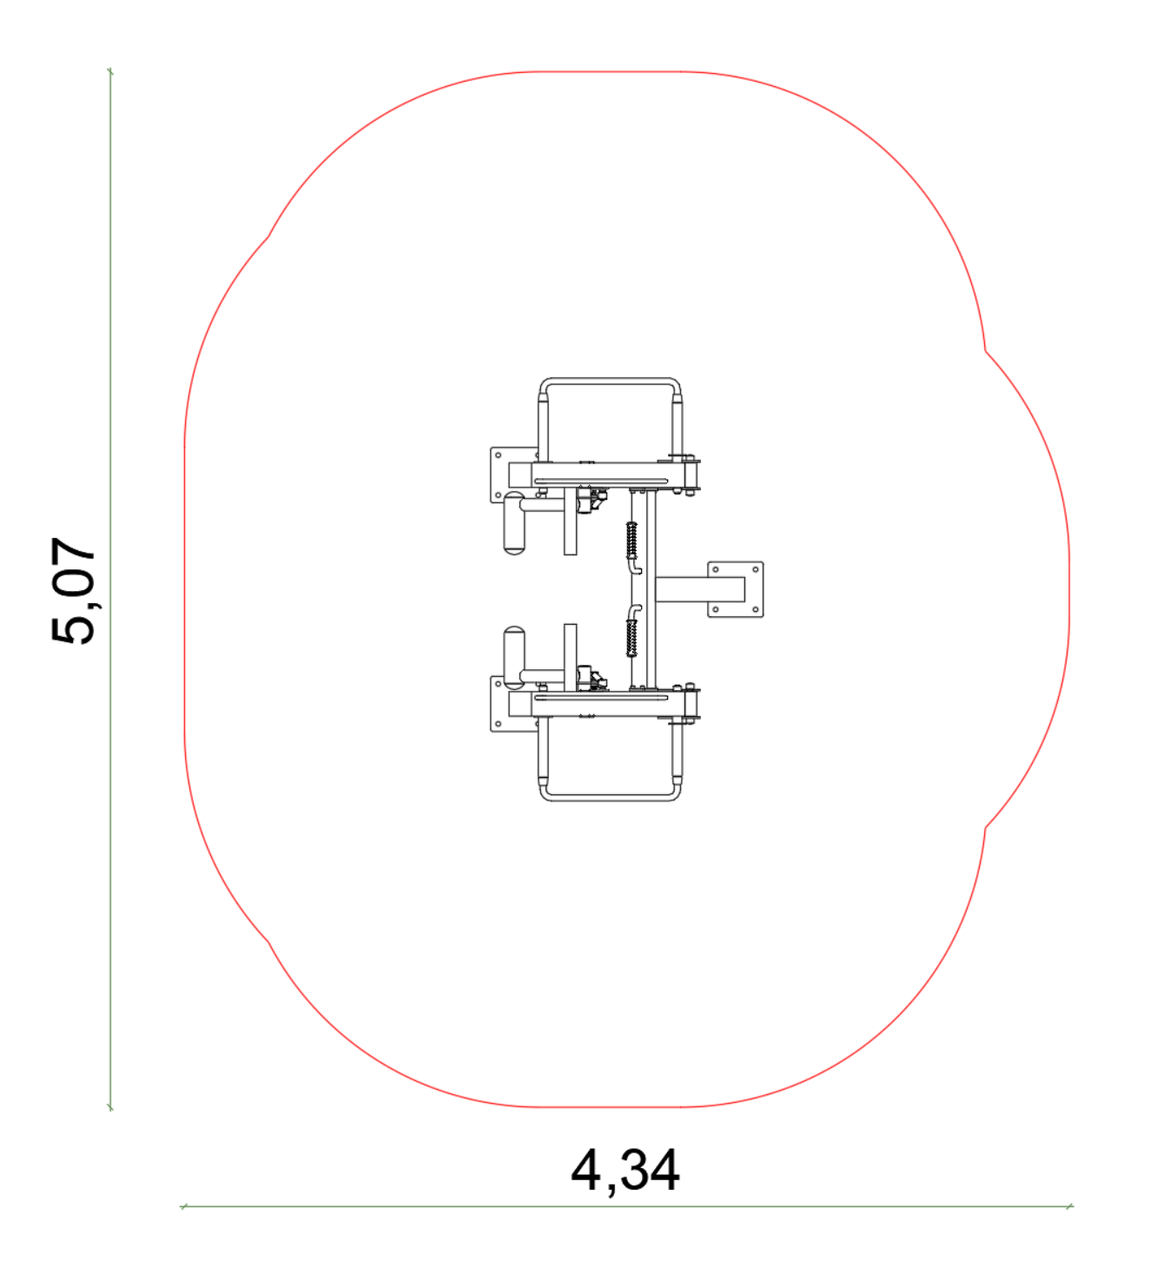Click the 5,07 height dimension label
pos(73,590)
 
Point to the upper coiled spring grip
pos(631,541)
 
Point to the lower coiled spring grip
pos(631,638)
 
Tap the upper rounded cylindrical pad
pos(513,523)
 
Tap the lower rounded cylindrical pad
pos(513,657)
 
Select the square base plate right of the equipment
pos(736,589)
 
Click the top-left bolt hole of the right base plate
pos(715,569)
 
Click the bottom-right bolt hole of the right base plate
pos(755,609)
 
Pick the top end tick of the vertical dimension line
pos(110,71)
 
